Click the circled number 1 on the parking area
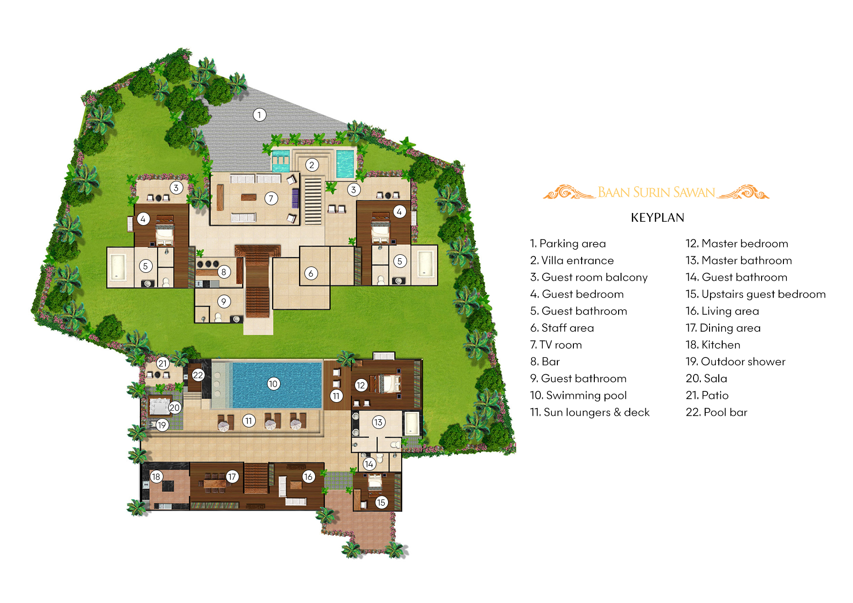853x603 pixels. click(x=259, y=115)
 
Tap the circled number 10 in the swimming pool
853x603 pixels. click(x=273, y=384)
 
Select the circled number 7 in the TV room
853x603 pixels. click(x=271, y=198)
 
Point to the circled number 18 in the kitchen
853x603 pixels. click(x=156, y=477)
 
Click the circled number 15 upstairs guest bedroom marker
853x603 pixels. click(x=381, y=502)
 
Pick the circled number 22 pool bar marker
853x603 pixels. click(x=198, y=375)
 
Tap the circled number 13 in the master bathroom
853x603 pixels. click(x=378, y=422)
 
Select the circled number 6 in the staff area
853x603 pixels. click(x=311, y=273)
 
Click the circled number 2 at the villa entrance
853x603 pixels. click(x=312, y=165)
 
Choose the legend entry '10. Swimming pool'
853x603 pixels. click(x=578, y=395)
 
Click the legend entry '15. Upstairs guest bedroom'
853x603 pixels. click(x=755, y=294)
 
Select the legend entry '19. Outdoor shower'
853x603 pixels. click(x=735, y=362)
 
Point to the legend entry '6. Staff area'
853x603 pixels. click(x=562, y=328)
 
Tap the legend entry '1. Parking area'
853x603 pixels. click(x=568, y=244)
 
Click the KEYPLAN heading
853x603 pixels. click(x=657, y=218)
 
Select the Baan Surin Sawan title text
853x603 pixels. click(x=656, y=193)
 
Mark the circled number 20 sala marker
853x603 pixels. click(x=175, y=408)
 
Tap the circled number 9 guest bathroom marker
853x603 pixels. click(x=224, y=301)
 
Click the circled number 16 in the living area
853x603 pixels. click(x=308, y=477)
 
